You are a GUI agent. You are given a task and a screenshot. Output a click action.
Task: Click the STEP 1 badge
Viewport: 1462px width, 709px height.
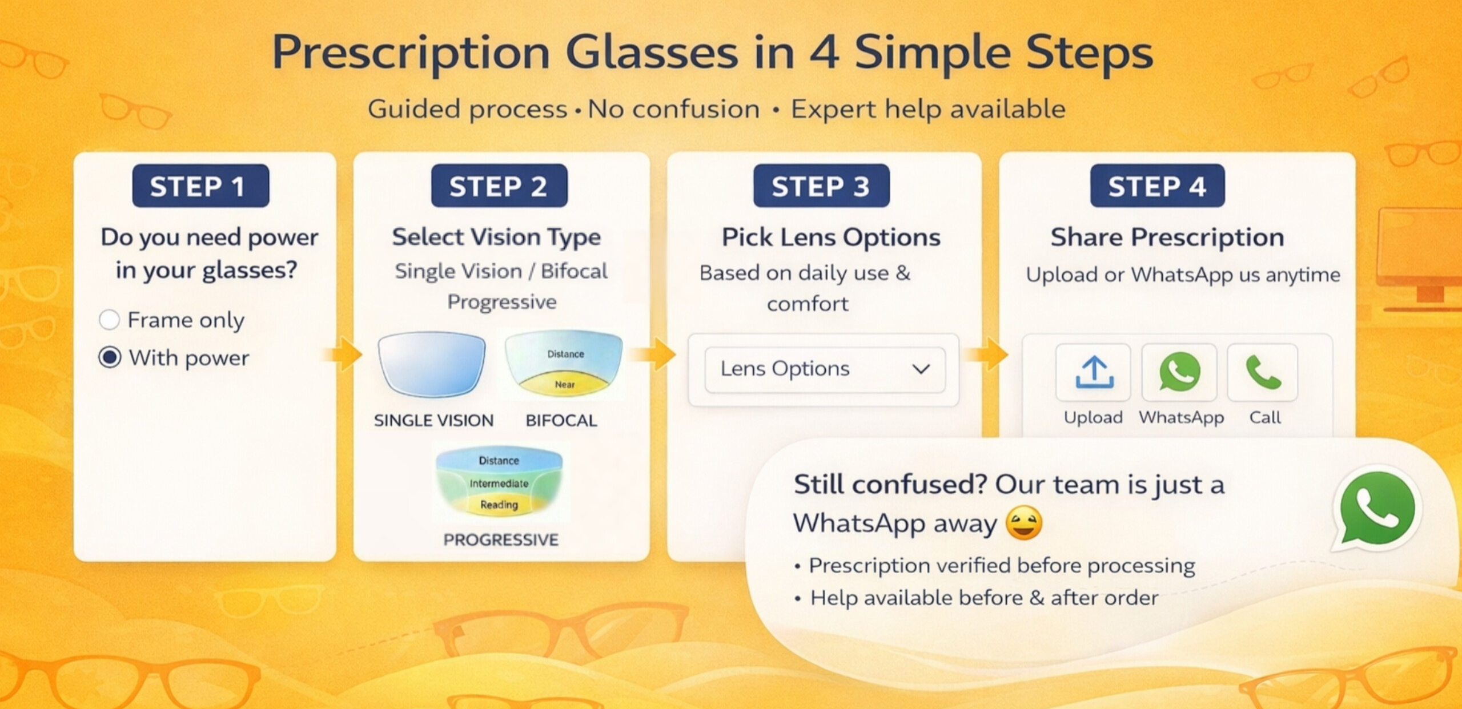click(x=200, y=186)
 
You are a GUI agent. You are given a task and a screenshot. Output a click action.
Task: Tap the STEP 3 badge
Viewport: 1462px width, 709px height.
click(x=821, y=186)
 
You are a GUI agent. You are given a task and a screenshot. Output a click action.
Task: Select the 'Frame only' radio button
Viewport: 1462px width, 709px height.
click(x=109, y=320)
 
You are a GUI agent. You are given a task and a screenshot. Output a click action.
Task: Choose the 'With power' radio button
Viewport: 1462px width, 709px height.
click(x=110, y=357)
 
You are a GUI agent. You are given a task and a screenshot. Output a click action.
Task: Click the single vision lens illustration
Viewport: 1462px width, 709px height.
click(x=432, y=364)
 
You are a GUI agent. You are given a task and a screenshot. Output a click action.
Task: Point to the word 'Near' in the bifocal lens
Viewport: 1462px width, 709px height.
click(x=565, y=385)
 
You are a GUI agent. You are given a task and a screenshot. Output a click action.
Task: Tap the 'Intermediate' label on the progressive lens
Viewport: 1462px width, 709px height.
click(x=499, y=484)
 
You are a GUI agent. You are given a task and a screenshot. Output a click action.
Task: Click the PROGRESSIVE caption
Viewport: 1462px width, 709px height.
click(x=501, y=539)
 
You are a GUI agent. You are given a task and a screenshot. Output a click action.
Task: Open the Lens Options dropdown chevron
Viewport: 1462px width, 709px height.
click(x=921, y=369)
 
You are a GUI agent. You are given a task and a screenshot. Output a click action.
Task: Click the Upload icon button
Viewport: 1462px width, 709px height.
click(x=1094, y=372)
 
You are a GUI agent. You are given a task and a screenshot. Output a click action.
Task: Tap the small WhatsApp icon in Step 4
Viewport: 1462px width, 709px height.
click(x=1179, y=372)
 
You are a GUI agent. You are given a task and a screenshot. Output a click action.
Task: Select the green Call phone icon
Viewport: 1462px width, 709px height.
click(x=1263, y=372)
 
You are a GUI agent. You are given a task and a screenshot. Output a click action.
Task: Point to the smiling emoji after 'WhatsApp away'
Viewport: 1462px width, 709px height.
click(x=1023, y=523)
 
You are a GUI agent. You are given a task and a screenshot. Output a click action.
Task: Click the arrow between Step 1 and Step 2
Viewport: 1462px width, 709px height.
click(x=343, y=354)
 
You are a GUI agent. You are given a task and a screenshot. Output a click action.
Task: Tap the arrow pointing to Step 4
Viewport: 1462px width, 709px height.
click(x=987, y=354)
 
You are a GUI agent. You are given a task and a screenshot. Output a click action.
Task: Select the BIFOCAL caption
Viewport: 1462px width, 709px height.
click(x=561, y=421)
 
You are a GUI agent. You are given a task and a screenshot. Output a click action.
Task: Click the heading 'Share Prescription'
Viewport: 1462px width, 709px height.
click(x=1167, y=237)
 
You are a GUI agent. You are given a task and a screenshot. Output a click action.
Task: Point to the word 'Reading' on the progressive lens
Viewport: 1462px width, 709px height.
click(x=499, y=505)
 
